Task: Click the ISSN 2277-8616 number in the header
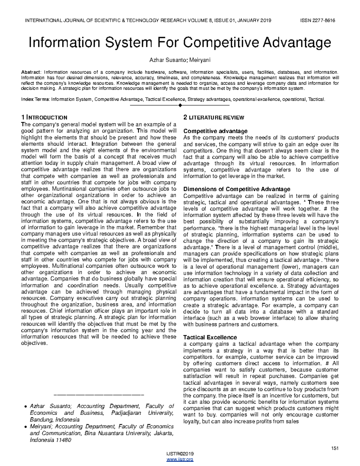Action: tap(317, 20)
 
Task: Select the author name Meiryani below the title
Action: tap(200, 60)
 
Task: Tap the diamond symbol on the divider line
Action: tap(180, 105)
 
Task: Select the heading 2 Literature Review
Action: tap(214, 118)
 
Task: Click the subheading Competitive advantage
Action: tap(215, 131)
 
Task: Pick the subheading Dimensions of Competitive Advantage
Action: tap(236, 189)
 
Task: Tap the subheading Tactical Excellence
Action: tap(210, 337)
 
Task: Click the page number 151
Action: tap(334, 448)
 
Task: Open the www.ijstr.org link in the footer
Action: tap(180, 459)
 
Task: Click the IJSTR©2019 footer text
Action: tap(180, 454)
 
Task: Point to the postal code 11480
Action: tap(63, 440)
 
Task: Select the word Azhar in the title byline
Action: tap(156, 60)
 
